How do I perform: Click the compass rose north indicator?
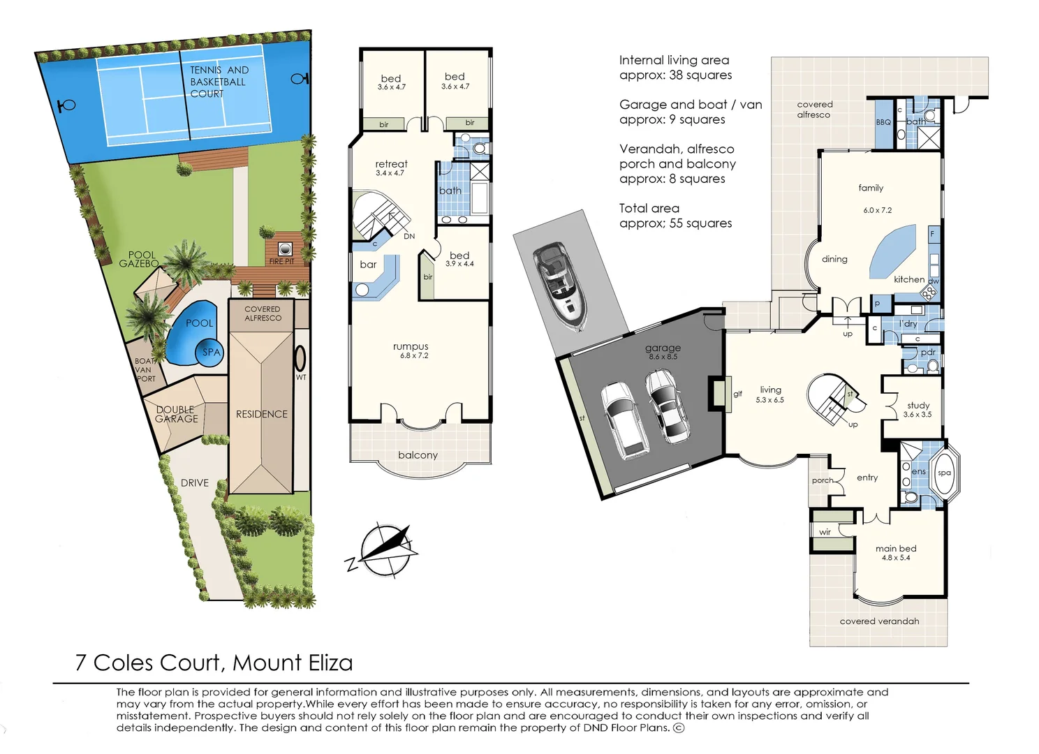click(385, 549)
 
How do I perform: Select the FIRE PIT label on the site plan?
click(281, 261)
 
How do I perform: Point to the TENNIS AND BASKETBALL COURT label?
click(219, 82)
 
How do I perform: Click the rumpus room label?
click(411, 346)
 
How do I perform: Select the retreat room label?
click(391, 164)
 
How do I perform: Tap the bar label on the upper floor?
click(368, 265)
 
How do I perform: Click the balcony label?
click(418, 455)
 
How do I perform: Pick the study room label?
click(918, 405)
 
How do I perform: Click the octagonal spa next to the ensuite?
click(944, 473)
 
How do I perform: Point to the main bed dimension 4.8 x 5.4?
click(896, 558)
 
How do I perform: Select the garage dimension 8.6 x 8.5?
click(663, 357)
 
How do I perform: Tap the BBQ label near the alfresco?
click(883, 122)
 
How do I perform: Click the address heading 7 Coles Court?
click(214, 663)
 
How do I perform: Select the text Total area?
click(649, 208)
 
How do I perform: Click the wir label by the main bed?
click(825, 532)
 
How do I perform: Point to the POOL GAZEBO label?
click(140, 259)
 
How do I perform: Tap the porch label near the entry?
click(822, 480)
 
